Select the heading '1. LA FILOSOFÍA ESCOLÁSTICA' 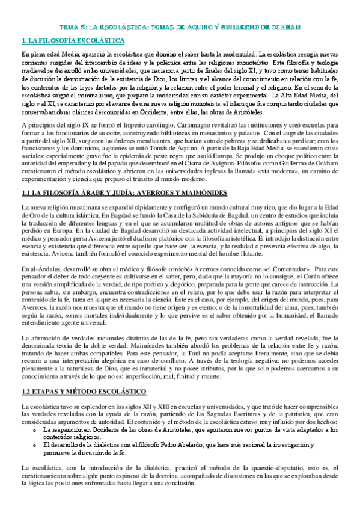[x=73, y=41]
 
